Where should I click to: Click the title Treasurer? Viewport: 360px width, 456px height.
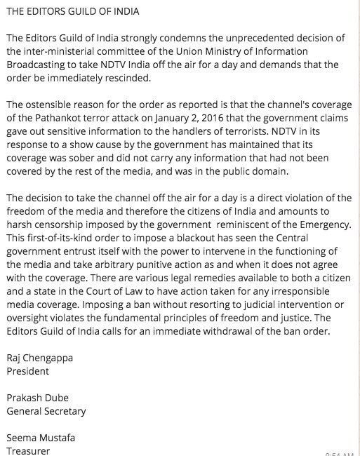[x=27, y=450]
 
